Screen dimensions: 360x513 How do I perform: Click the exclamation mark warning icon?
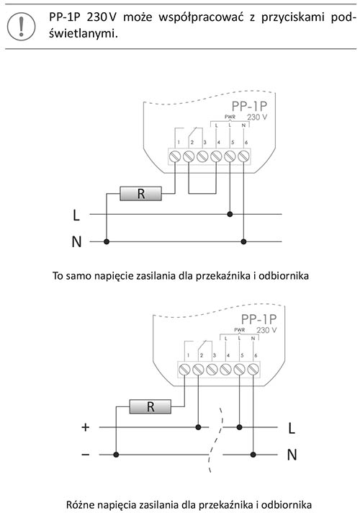point(22,27)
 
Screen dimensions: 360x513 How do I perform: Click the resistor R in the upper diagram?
point(140,194)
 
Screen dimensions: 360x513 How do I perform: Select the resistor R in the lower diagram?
point(150,406)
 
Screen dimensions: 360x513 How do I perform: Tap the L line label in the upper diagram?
point(76,215)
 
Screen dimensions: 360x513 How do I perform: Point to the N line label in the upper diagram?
point(76,242)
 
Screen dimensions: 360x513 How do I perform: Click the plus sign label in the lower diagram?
point(86,427)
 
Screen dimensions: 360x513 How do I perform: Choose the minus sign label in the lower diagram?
point(86,455)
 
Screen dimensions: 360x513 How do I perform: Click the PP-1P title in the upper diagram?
point(249,107)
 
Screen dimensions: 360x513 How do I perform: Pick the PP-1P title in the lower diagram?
point(258,319)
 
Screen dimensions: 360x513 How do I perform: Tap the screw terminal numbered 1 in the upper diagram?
point(175,156)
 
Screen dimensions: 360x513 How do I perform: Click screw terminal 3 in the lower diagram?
point(212,370)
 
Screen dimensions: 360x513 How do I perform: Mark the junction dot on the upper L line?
point(230,214)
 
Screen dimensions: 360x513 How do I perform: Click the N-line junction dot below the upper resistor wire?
point(107,242)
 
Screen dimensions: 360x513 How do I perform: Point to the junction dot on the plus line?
point(198,427)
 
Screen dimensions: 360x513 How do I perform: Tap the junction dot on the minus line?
point(116,455)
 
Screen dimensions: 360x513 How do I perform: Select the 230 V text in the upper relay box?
point(257,117)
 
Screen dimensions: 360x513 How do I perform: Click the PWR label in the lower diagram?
point(239,330)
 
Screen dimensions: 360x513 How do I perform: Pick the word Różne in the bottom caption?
point(78,504)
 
